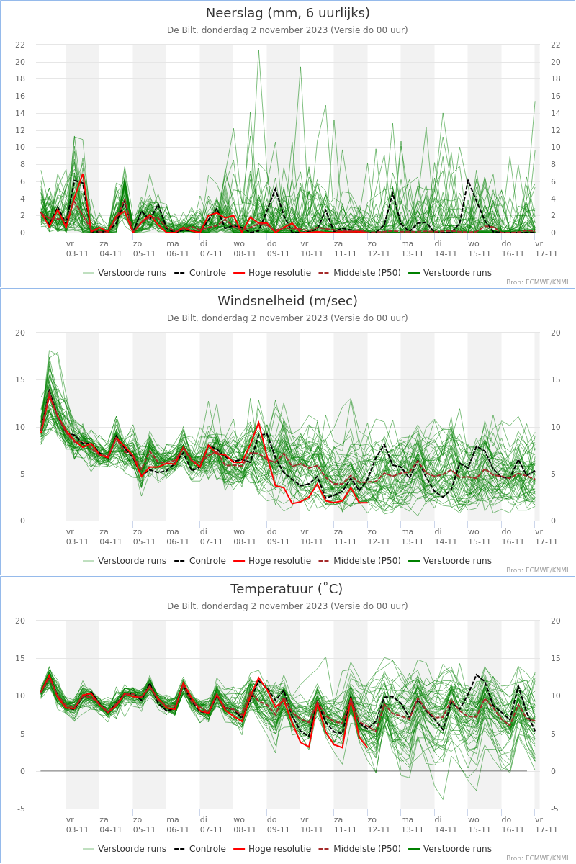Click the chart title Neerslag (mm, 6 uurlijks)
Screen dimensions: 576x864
pos(287,13)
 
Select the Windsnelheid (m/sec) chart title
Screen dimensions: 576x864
pos(287,300)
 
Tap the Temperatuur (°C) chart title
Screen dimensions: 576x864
pos(287,589)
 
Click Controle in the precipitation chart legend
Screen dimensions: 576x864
pos(207,273)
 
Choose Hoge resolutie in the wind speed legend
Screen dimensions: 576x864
pos(279,560)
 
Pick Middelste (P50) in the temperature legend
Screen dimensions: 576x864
pos(367,849)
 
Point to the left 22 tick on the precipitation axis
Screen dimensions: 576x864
pos(20,45)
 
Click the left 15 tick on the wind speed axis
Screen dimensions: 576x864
pos(20,379)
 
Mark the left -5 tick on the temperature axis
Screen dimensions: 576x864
pos(21,809)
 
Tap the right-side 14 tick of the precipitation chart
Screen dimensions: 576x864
pos(556,113)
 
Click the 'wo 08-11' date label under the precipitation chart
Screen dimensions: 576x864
pos(244,249)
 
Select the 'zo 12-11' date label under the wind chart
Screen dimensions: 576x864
pos(379,536)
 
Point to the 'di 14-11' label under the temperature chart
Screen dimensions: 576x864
pos(446,824)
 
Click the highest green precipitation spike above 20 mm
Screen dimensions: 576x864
pos(258,50)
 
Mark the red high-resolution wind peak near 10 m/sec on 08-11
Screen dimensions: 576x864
pos(259,423)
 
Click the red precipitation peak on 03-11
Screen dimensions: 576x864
pos(83,174)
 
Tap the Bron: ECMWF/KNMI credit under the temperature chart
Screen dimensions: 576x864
pos(537,858)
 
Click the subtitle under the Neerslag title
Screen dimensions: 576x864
pos(287,30)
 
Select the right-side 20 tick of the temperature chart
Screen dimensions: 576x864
pos(556,621)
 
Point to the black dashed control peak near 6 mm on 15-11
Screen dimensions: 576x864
pos(468,179)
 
